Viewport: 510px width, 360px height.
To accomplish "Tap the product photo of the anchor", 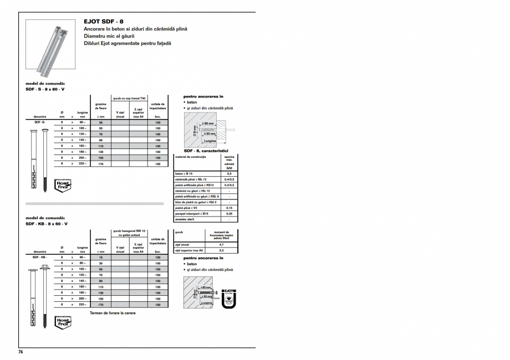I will (x=52, y=48).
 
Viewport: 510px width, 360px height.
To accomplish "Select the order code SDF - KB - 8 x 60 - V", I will (x=47, y=224).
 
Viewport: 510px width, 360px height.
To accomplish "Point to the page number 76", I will (x=21, y=352).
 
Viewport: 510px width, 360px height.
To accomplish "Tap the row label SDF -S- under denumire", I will (x=39, y=122).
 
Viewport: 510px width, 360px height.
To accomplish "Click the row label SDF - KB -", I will (x=39, y=258).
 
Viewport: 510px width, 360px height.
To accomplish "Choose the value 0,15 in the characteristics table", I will (x=229, y=208).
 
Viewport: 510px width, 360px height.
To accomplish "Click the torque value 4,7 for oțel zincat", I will (x=222, y=245).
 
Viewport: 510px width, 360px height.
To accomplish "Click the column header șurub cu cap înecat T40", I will (x=129, y=98).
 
